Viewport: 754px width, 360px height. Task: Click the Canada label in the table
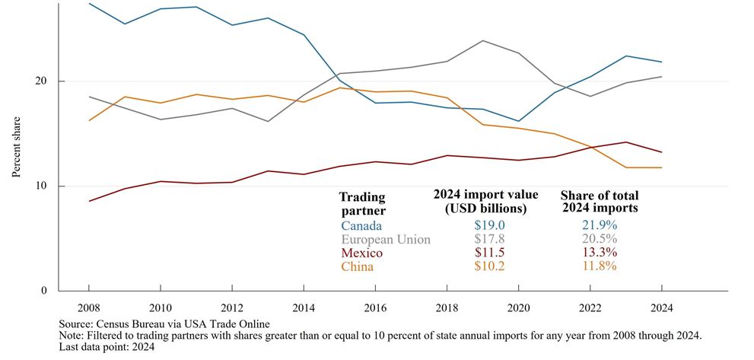click(x=360, y=226)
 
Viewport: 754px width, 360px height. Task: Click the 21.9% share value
click(x=599, y=226)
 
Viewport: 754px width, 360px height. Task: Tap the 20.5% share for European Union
click(x=599, y=240)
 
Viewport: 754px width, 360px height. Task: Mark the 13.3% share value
click(x=599, y=253)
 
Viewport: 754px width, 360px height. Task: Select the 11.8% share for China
click(x=599, y=266)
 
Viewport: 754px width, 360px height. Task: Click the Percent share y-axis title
click(x=16, y=147)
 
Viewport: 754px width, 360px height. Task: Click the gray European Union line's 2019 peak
click(x=482, y=40)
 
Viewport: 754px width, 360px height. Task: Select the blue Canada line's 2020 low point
click(x=517, y=121)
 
